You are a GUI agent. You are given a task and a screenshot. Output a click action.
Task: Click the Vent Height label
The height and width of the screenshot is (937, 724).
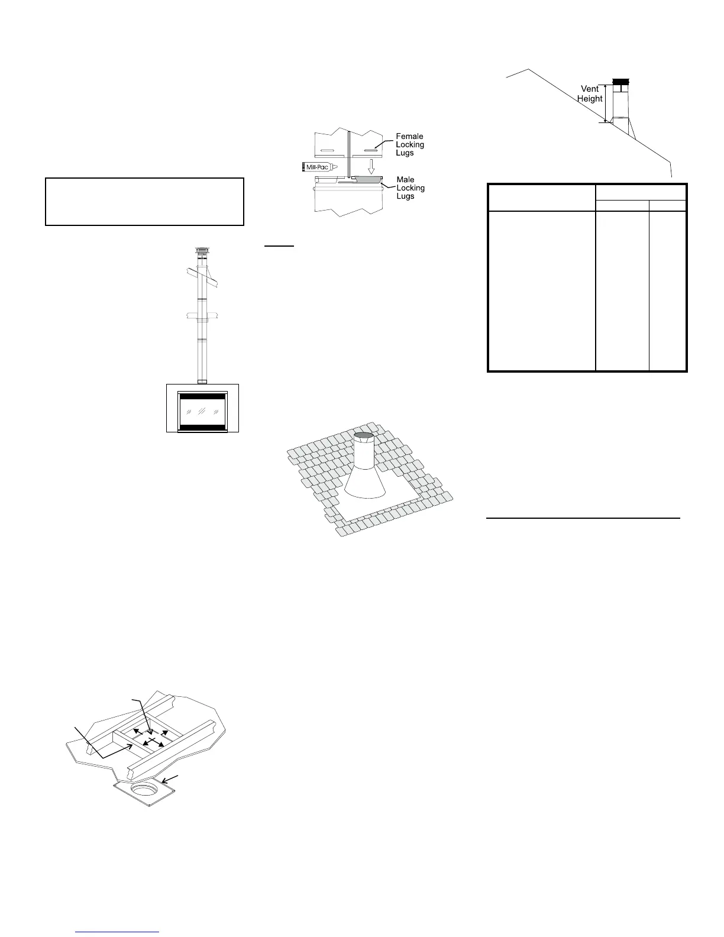(590, 93)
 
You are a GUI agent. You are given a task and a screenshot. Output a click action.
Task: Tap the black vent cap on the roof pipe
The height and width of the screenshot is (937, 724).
(621, 81)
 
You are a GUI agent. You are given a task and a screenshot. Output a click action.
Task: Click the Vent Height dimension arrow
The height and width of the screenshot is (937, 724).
(605, 103)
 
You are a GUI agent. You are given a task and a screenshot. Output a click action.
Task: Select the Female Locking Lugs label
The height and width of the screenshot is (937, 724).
(409, 145)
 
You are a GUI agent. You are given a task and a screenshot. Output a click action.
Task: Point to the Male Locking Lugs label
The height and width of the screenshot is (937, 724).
(411, 188)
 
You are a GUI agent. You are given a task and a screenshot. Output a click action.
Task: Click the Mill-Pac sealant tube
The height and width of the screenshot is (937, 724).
(320, 167)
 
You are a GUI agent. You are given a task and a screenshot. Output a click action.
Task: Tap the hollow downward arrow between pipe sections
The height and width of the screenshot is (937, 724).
(370, 163)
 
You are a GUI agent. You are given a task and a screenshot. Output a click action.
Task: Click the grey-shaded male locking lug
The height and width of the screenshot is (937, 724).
(367, 178)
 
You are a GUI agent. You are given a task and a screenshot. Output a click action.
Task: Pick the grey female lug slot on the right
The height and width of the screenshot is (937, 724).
(371, 143)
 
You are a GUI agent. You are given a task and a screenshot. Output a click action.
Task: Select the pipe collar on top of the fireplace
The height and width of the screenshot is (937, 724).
(202, 380)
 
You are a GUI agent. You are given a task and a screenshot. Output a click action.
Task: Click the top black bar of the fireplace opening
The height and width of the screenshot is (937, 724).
(202, 396)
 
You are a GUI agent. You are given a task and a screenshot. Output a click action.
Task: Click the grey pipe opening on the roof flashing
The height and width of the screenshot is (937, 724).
(364, 437)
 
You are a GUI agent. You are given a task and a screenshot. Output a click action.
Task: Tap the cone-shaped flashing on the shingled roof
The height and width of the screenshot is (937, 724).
(363, 479)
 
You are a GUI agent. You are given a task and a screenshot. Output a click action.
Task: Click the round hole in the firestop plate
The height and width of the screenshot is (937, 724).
(144, 790)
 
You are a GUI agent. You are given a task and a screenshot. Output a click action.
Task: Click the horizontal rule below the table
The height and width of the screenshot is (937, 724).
(583, 518)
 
